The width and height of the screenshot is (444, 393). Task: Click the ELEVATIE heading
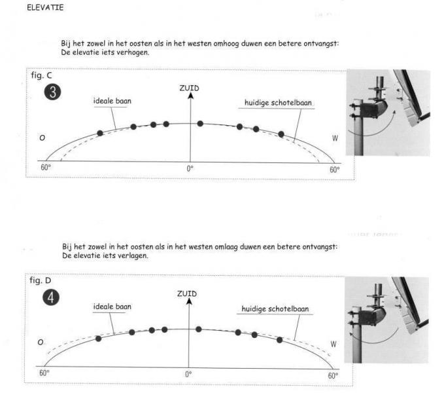coord(45,7)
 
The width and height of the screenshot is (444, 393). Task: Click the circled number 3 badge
coord(52,92)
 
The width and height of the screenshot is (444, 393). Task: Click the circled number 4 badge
coord(51,297)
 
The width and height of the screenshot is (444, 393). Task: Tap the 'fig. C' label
coord(41,75)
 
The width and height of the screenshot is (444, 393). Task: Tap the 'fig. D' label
coord(40,280)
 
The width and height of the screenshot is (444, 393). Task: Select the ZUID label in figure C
coord(189,88)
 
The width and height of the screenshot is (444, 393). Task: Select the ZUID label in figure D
coord(187,293)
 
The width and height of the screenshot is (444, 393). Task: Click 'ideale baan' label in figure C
coord(112,101)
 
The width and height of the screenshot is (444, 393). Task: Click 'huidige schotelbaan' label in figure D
coord(275,309)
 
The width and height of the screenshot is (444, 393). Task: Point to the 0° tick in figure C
coord(190,169)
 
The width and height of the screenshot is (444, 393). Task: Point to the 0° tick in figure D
coord(188,374)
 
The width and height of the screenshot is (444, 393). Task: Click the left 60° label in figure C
coord(46,167)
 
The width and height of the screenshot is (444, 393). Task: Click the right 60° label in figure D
coord(333,376)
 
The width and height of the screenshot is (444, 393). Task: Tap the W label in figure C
coord(335,138)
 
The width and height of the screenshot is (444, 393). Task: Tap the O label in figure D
coord(41,343)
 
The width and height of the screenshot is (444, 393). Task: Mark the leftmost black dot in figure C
coord(100,133)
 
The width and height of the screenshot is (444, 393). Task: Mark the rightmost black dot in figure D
coord(279,340)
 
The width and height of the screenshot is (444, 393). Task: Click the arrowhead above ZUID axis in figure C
coord(190,96)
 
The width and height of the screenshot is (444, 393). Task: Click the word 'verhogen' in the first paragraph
coord(133,52)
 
